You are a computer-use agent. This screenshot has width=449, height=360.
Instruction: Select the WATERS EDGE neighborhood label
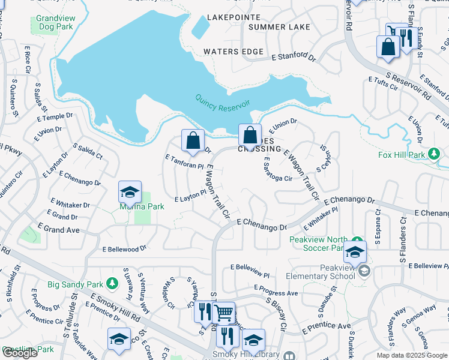click(x=233, y=52)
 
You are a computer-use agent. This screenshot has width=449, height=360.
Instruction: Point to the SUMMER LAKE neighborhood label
click(x=279, y=27)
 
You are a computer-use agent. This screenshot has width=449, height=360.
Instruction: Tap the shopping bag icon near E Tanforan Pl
click(x=193, y=142)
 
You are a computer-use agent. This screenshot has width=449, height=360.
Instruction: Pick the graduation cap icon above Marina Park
click(x=130, y=192)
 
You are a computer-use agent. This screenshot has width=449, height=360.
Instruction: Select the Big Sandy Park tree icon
click(x=112, y=282)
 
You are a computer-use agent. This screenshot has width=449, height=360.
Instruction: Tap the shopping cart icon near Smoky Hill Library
click(x=223, y=312)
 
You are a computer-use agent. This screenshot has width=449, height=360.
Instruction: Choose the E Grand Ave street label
click(x=58, y=228)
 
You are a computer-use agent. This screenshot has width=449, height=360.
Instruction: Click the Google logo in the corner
click(x=20, y=353)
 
